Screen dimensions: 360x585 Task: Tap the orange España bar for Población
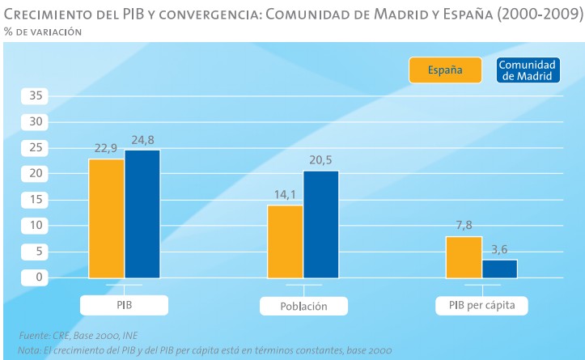coord(286,241)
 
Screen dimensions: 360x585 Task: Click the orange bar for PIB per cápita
coord(464,257)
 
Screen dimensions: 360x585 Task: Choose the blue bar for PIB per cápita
coord(499,269)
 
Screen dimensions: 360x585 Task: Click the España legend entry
coord(445,70)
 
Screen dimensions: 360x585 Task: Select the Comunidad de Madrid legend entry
coord(526,70)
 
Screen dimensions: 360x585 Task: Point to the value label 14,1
coord(286,195)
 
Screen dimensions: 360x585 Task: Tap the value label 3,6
coord(500,249)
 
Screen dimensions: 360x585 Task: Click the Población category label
coord(303,307)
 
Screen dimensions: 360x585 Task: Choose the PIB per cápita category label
coord(481,306)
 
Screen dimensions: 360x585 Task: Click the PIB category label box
coord(124,306)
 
